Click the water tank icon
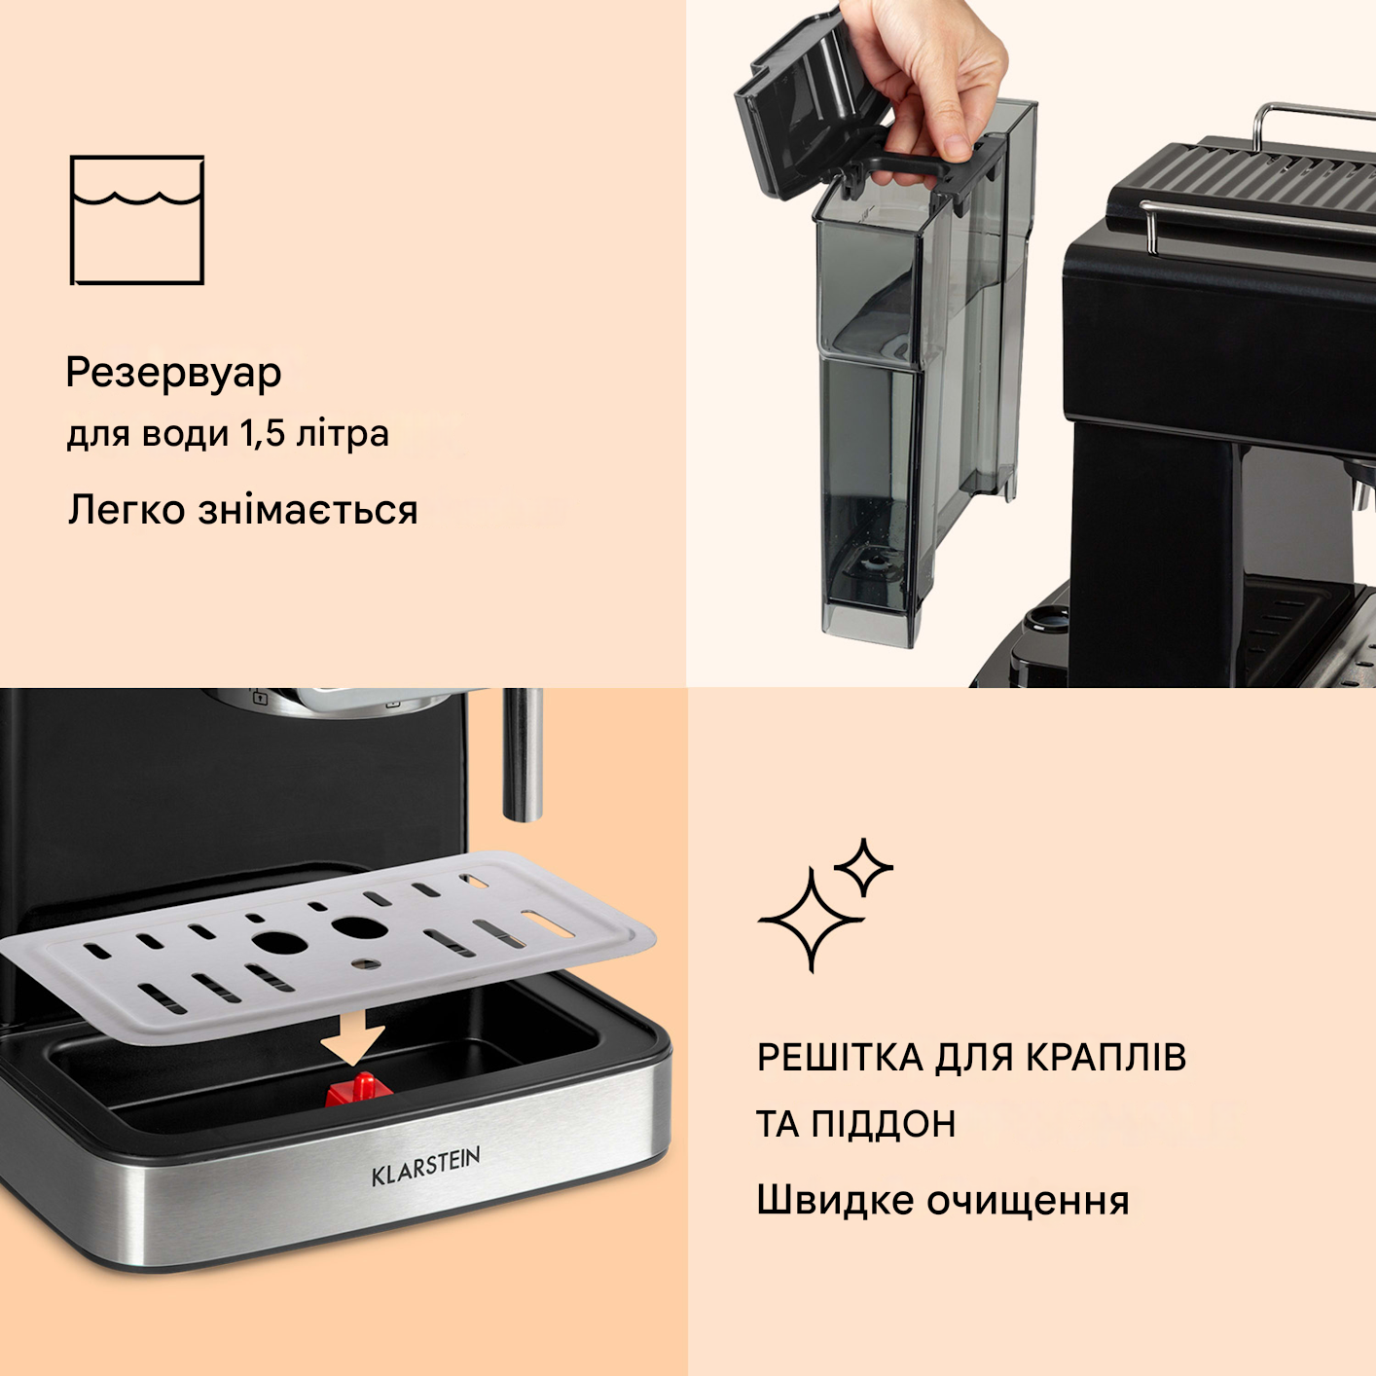[137, 220]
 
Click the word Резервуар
[173, 374]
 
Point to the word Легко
[127, 511]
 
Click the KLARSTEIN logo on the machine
[425, 1166]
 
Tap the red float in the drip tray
[359, 1090]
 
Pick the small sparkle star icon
[863, 866]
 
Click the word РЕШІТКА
[840, 1058]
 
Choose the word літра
[342, 434]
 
